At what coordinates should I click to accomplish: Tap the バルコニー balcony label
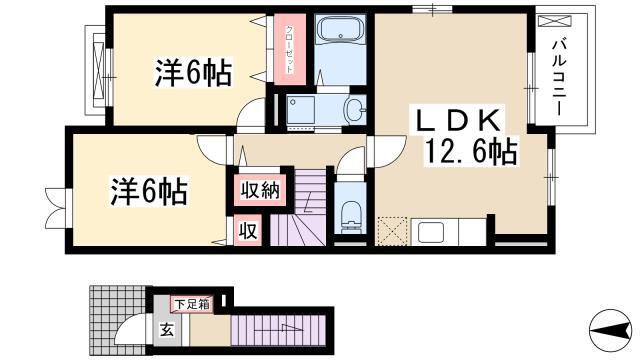559,78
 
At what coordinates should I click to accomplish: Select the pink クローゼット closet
290,49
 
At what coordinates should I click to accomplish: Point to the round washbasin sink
355,109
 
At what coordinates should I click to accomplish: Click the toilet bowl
351,217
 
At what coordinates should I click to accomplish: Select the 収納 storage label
260,190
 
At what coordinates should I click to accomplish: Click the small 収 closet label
248,231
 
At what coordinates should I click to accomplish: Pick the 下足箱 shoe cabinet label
192,304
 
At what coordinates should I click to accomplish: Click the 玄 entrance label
167,329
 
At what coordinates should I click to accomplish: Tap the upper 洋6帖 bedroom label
193,72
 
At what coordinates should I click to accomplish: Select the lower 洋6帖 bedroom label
149,191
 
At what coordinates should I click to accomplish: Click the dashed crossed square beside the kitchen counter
392,231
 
